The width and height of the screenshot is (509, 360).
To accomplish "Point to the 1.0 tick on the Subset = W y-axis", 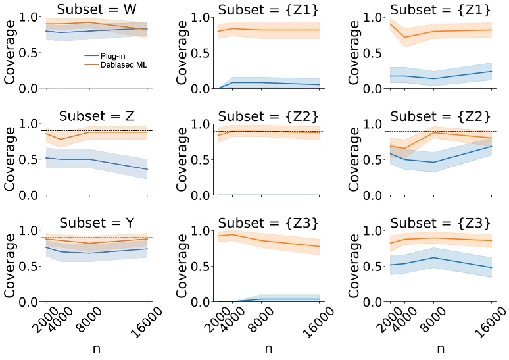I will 30,18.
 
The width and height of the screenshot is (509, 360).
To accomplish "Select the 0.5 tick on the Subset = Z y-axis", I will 30,159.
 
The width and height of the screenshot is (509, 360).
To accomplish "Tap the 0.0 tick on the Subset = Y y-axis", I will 30,301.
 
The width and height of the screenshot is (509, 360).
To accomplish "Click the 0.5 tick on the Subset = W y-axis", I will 30,53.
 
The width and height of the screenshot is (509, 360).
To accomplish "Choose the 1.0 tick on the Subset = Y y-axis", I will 30,230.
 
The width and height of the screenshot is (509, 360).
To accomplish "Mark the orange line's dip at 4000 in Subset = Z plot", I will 61,139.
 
